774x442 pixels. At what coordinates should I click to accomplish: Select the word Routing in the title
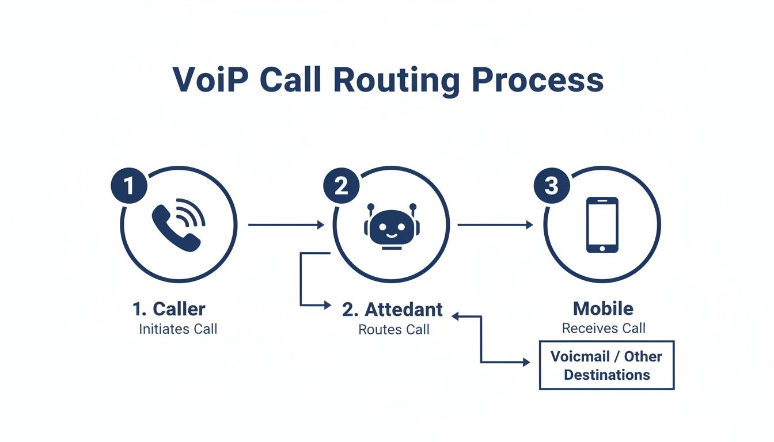tap(396, 81)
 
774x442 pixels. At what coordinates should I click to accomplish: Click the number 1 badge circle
tap(129, 186)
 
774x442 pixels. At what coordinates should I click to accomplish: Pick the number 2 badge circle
tap(341, 186)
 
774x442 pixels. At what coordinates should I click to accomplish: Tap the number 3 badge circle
tap(552, 186)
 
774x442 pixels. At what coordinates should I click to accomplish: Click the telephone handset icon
tap(177, 225)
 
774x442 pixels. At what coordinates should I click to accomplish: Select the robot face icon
tap(392, 226)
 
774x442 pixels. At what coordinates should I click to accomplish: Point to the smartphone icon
tap(602, 224)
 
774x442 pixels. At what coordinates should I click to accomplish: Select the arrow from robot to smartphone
tap(495, 225)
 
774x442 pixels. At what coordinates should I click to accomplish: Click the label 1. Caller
tap(169, 309)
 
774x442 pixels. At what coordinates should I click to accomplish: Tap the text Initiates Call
tap(178, 329)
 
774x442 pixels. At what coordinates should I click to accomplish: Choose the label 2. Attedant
tap(392, 309)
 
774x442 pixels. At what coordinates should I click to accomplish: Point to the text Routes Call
tap(394, 330)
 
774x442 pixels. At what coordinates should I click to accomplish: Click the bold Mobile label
tap(603, 308)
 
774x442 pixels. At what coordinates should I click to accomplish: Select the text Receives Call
tap(604, 328)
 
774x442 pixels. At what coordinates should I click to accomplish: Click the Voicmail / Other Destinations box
tap(606, 365)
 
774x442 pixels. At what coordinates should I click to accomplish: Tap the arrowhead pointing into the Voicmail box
tap(526, 363)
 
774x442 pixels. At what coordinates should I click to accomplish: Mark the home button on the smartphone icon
tap(602, 248)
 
